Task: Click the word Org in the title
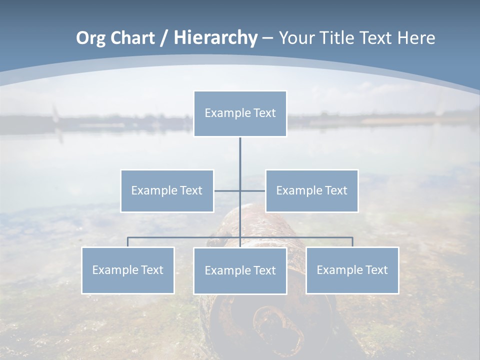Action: [90, 38]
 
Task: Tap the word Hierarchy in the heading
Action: [215, 38]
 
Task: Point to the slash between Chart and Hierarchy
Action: [164, 38]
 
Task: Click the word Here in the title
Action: [416, 38]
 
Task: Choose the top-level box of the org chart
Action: [240, 113]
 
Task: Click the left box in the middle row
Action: [167, 190]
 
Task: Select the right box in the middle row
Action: [311, 190]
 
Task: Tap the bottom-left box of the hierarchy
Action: [127, 270]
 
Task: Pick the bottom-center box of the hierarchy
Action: [240, 270]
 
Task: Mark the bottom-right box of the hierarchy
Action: [352, 270]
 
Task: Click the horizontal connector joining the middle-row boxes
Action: [227, 190]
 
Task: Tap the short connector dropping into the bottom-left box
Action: [127, 242]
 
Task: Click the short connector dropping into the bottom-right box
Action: [352, 242]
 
